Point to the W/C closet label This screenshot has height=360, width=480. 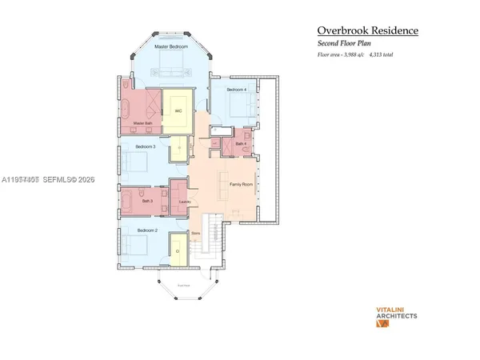click(x=178, y=110)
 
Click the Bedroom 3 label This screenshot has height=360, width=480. click(x=145, y=147)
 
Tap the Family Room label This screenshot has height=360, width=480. click(x=241, y=183)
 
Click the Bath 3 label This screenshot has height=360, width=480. click(x=147, y=202)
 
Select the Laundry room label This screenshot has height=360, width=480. click(x=184, y=202)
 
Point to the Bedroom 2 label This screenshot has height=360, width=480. click(x=146, y=230)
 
